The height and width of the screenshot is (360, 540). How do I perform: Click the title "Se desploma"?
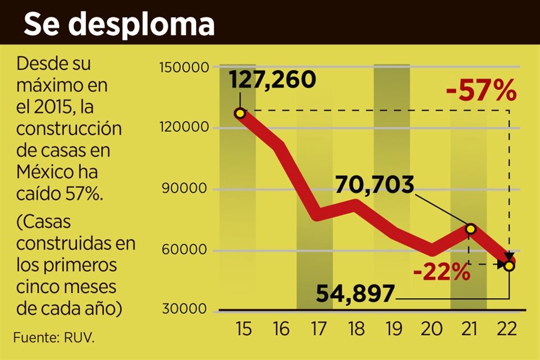tap(119, 24)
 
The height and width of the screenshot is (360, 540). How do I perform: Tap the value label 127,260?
tap(273, 80)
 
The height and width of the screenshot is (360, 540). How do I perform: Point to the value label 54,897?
tap(355, 294)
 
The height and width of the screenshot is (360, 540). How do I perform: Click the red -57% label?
tap(481, 91)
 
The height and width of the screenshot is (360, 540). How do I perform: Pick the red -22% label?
tap(441, 273)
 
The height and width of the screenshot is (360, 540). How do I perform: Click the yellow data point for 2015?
tap(240, 114)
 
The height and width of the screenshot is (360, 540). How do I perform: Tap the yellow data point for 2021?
tap(470, 229)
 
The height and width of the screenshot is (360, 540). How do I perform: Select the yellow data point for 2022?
tap(508, 265)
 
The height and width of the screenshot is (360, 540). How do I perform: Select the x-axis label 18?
tap(356, 330)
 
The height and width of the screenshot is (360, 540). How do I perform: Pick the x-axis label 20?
tap(432, 330)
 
